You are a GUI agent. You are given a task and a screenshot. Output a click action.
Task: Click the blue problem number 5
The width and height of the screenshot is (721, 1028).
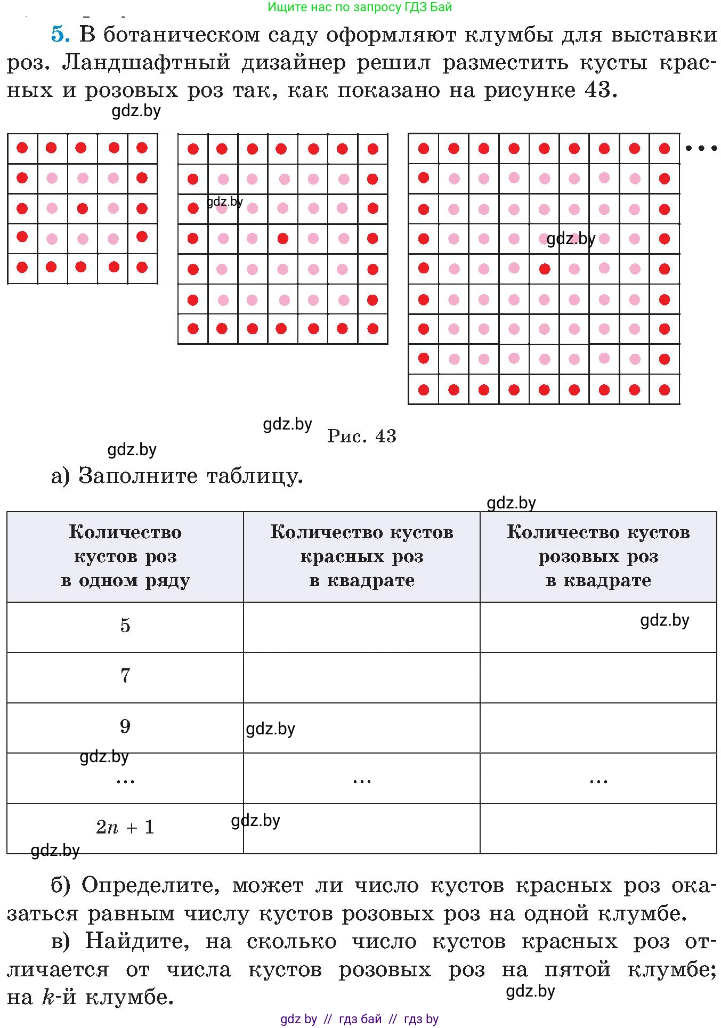click(60, 35)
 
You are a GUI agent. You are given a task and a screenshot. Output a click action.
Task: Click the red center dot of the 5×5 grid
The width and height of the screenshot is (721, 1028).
click(82, 208)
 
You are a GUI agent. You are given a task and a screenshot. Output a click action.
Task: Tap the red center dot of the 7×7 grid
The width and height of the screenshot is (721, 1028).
click(283, 238)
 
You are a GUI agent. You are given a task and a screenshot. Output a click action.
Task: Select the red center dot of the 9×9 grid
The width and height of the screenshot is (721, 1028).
click(544, 269)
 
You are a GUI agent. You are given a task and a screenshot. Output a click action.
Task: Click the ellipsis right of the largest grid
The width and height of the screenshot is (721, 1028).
click(701, 148)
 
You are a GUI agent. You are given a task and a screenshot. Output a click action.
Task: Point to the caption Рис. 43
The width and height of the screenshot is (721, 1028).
click(361, 436)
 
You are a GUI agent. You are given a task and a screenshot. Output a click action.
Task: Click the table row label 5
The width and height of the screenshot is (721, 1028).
click(125, 625)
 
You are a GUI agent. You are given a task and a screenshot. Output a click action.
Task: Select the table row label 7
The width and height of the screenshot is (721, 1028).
click(125, 676)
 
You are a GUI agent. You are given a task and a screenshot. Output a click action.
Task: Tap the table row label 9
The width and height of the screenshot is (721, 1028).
click(125, 726)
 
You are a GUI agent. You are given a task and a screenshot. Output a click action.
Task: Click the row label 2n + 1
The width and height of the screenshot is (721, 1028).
click(125, 827)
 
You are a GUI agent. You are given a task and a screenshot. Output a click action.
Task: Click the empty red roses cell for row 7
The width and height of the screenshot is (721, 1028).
click(361, 677)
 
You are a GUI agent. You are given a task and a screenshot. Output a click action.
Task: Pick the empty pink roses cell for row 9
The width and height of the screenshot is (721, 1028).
click(598, 727)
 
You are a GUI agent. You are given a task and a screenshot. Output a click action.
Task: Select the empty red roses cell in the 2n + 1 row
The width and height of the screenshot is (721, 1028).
click(361, 829)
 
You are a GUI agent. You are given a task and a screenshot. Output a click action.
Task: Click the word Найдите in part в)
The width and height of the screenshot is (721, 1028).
click(137, 941)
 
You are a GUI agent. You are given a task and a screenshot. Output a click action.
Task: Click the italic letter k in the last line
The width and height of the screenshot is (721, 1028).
click(48, 997)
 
